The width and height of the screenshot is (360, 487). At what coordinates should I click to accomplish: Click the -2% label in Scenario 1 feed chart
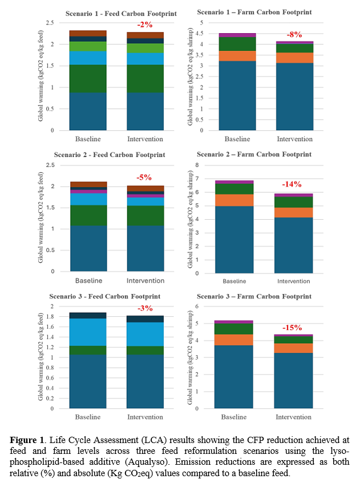tap(144, 25)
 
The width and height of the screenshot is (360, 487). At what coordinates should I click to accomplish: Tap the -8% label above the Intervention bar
tap(295, 34)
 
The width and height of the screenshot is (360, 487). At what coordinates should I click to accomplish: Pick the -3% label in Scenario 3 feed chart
tap(144, 308)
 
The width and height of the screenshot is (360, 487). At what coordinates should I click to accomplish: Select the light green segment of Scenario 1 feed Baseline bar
tap(88, 46)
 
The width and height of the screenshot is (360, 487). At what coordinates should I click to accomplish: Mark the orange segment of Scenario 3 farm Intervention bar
tap(293, 348)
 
